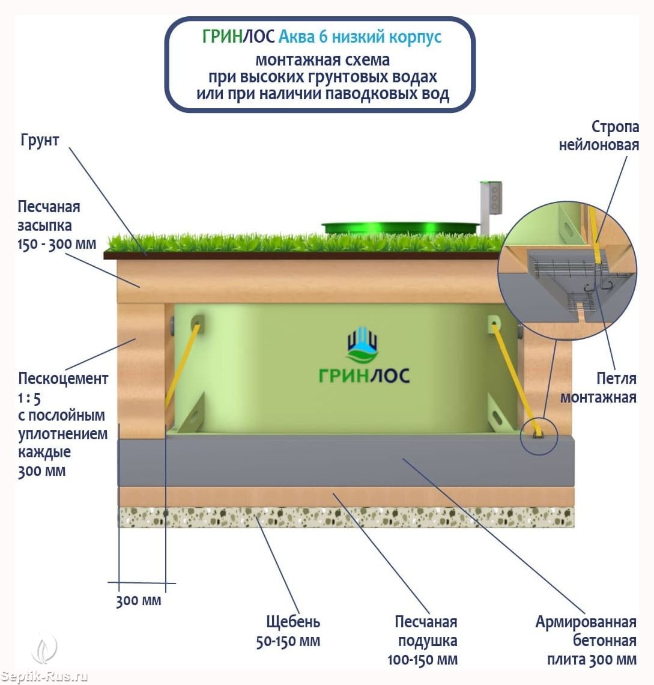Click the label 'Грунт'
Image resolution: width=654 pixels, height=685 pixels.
point(40,141)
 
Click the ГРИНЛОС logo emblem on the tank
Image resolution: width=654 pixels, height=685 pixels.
point(363,345)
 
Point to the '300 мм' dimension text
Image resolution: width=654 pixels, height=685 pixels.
point(139,600)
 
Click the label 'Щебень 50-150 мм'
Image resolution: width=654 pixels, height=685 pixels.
point(288,631)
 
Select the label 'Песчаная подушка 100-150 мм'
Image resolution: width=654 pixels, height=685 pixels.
point(423,640)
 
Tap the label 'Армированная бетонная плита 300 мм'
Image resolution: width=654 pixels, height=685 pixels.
point(586,640)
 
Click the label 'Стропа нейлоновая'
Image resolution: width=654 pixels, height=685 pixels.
point(599,136)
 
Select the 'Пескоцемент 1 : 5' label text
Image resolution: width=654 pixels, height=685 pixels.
point(63,388)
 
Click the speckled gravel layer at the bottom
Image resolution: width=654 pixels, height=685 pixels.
point(345,517)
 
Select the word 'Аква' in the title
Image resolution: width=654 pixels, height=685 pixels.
point(296,37)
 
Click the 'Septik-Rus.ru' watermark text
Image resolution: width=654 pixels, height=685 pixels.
point(44,677)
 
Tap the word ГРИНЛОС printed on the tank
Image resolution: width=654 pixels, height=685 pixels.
point(364,376)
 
